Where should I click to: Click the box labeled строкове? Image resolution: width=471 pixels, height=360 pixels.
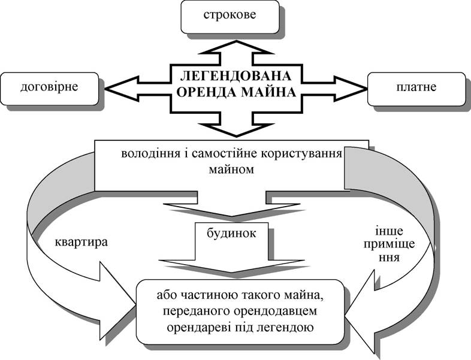tap(230, 17)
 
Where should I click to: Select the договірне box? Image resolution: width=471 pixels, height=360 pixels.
tap(50, 89)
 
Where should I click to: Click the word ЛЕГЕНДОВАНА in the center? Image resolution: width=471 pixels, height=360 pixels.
tap(236, 76)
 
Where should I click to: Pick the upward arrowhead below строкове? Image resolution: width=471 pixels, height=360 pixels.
tap(236, 47)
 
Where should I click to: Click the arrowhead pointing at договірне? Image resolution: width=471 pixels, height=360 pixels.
tap(122, 89)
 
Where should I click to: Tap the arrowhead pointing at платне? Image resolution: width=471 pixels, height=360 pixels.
tap(350, 89)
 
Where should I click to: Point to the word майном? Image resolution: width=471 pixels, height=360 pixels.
tap(231, 170)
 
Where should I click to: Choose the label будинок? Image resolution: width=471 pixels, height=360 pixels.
tap(231, 234)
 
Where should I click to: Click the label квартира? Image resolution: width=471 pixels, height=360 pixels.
tap(81, 243)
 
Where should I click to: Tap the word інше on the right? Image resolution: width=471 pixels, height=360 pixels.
tap(390, 231)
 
